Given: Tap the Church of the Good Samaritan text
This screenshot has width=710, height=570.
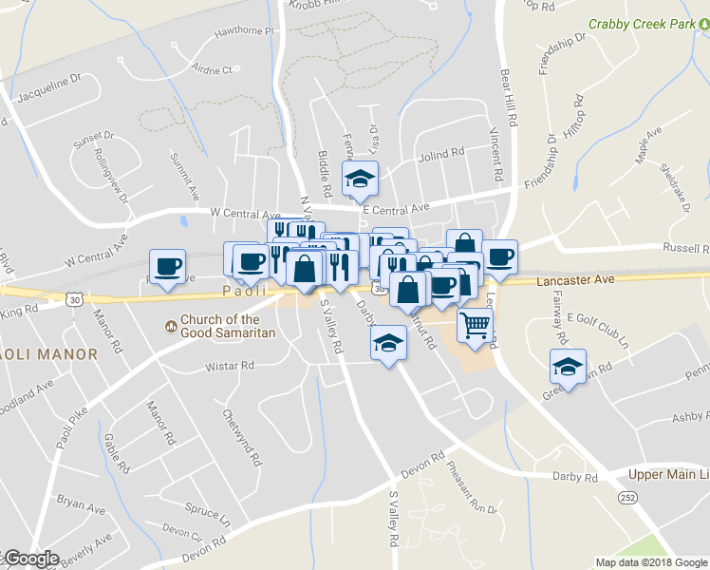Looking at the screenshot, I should [x=227, y=326].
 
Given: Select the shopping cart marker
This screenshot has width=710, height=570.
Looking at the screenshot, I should [x=476, y=326].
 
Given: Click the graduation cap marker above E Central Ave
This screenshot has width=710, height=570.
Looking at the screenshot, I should [x=360, y=179].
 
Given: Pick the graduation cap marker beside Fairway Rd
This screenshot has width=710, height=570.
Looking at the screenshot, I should [x=568, y=367].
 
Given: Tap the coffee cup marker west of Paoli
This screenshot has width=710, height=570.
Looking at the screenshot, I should [x=167, y=267].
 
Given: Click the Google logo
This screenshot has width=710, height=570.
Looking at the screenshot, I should [x=30, y=559].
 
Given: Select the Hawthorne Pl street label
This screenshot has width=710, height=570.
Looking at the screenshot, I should [x=243, y=31].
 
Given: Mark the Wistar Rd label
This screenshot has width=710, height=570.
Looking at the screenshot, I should [x=231, y=366].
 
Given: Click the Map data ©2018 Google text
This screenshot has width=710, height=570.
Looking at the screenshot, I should [x=651, y=562].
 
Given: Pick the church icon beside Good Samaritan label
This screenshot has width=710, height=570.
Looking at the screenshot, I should [x=171, y=326].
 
